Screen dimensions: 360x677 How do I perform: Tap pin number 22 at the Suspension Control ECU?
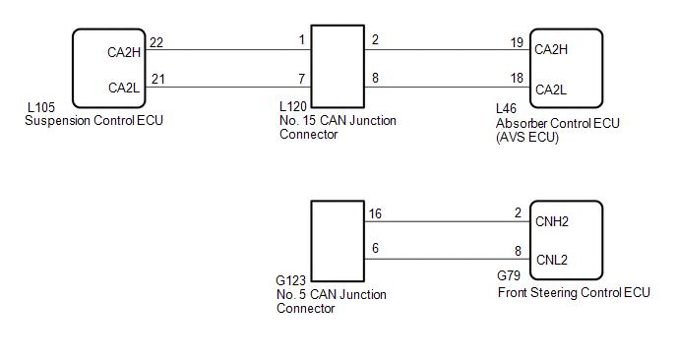(x=156, y=42)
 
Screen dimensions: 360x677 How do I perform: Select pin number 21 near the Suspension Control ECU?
(x=156, y=79)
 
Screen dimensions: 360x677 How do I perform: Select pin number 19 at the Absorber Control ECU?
(x=516, y=42)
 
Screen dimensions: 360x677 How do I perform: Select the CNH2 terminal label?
(x=551, y=222)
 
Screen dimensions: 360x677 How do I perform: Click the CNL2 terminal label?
(x=550, y=260)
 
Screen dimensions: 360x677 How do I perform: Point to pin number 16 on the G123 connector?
(x=376, y=213)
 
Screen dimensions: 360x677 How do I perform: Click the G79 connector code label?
(x=510, y=279)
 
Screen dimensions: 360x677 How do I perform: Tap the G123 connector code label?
(x=294, y=280)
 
